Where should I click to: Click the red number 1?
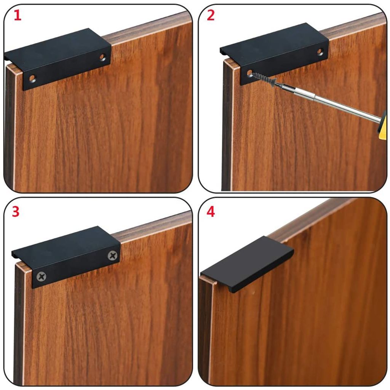tap(18, 15)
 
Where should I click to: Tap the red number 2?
tap(210, 15)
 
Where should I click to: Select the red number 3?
tap(15, 212)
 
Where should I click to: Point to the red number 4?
tap(210, 212)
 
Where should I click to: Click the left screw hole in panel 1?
tap(32, 78)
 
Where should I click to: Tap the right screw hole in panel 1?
tap(102, 58)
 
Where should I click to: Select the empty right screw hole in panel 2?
tap(320, 52)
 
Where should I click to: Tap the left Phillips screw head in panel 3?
tap(41, 277)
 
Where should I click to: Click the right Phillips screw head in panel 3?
tap(113, 256)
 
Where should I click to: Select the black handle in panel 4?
tap(247, 264)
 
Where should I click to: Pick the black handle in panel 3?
tap(67, 257)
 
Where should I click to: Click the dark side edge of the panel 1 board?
tap(10, 127)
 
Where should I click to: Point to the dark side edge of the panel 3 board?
tap(19, 323)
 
